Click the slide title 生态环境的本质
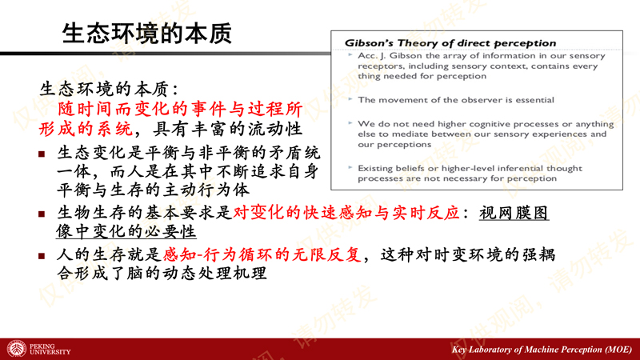147,34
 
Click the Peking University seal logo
17,349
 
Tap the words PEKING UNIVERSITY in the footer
50,349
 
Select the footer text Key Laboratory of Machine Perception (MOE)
542,350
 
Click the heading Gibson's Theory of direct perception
450,43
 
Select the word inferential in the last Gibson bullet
522,168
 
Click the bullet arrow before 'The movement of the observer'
350,99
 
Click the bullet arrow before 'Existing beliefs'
350,167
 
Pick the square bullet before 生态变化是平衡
42,154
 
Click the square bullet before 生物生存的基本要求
42,214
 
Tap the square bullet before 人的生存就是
42,256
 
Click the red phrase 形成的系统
86,129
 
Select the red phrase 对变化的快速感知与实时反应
346,213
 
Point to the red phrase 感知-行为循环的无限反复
262,254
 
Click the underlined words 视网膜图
514,213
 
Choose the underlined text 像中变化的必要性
126,231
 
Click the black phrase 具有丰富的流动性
227,129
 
